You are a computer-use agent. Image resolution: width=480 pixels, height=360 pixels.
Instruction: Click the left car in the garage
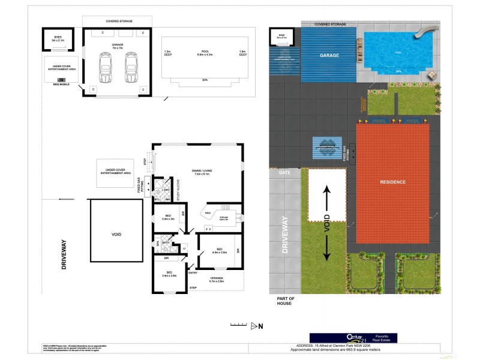tap(105, 67)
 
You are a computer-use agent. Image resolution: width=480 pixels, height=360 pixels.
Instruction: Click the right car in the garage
tap(131, 67)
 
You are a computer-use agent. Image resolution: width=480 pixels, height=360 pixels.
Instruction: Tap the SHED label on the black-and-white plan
tap(58, 38)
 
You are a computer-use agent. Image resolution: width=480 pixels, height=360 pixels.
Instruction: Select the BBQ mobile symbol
tap(61, 80)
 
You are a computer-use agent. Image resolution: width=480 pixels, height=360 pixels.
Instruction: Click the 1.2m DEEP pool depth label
tap(167, 54)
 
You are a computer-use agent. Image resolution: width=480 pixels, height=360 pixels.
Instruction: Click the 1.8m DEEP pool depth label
tap(242, 54)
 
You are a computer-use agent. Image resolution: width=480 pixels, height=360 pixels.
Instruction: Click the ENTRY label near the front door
tap(193, 273)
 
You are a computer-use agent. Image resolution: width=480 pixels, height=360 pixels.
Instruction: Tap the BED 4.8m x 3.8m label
tap(219, 251)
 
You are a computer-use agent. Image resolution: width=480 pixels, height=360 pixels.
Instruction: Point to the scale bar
tap(238, 325)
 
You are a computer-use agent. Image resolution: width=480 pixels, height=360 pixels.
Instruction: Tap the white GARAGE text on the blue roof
tap(329, 55)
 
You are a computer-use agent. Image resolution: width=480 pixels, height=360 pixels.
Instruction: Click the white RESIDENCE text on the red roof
tap(393, 182)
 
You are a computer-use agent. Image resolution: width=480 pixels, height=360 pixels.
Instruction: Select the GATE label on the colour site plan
tap(284, 173)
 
